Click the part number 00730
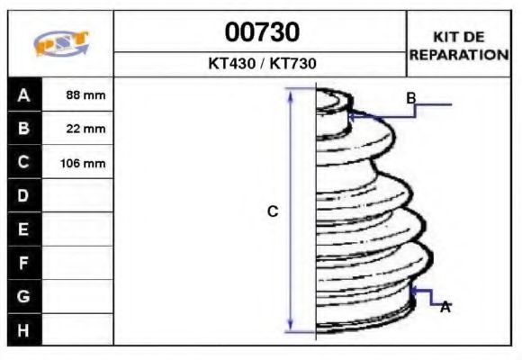[261, 33]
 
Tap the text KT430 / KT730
[261, 65]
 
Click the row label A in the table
[23, 95]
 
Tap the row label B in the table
[23, 129]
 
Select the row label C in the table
[23, 163]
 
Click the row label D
[23, 195]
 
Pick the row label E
[23, 229]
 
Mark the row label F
[23, 263]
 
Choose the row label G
[23, 296]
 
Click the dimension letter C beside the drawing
[273, 211]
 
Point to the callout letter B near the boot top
[410, 97]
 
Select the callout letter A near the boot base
[445, 308]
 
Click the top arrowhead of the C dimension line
[291, 93]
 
